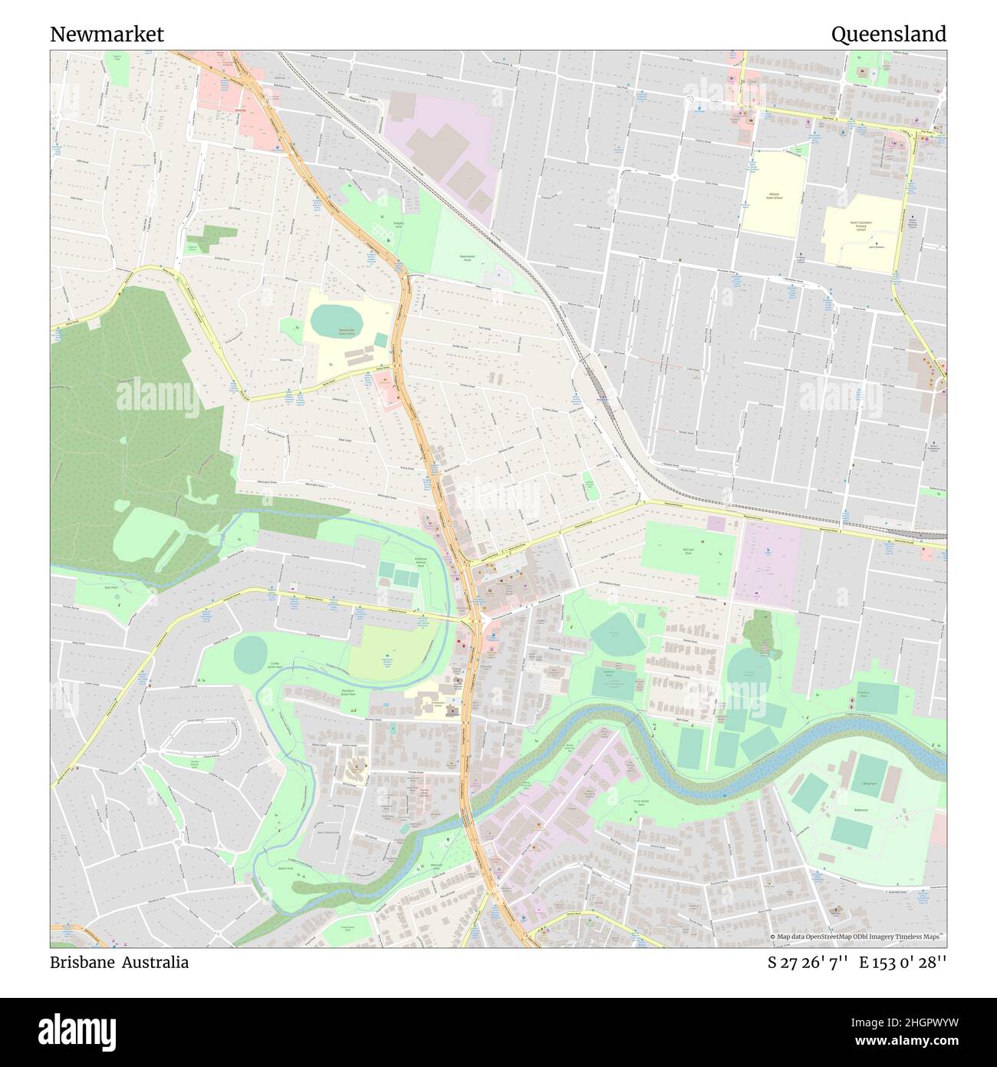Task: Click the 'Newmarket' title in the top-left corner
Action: (x=107, y=35)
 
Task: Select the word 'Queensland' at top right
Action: (x=889, y=35)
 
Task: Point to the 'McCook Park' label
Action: (x=688, y=550)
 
